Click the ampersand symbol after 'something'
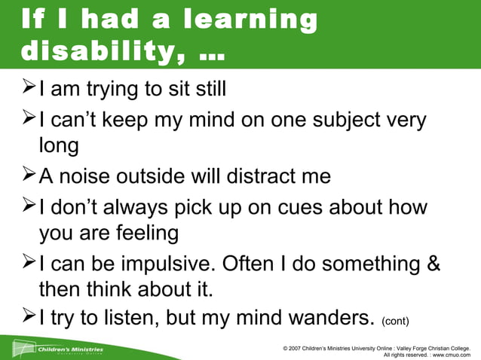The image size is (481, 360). click(x=432, y=264)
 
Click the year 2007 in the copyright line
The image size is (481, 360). click(x=299, y=347)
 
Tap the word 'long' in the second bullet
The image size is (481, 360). click(x=59, y=145)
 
